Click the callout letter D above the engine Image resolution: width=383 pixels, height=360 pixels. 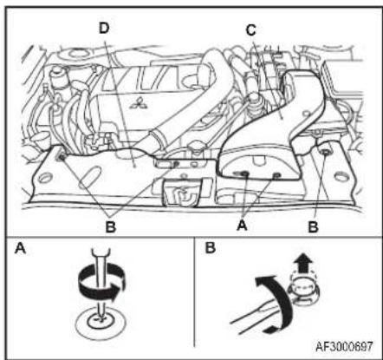tap(104, 28)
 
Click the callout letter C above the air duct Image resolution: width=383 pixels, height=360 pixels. tap(251, 29)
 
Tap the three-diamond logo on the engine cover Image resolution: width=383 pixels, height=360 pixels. tap(139, 102)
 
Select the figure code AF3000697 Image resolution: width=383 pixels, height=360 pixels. tap(344, 346)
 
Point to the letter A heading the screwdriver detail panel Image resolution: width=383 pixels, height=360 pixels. tap(21, 248)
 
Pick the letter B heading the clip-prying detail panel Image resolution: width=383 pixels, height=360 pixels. tap(211, 248)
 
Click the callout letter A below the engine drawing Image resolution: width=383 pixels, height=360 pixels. tap(242, 225)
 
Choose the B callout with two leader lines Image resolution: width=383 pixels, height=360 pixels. tap(111, 227)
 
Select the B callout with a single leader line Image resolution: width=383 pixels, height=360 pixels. tap(314, 227)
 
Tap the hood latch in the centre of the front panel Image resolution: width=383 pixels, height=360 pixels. tap(184, 192)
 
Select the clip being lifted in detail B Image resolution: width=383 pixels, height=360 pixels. tap(304, 291)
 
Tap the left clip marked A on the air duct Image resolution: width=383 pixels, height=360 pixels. tap(244, 173)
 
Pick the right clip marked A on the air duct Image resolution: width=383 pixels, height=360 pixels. tap(276, 174)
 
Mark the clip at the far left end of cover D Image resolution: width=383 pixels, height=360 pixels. tap(62, 157)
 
